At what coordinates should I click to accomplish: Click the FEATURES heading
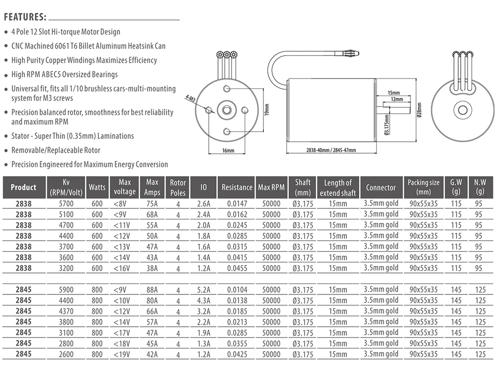pyautogui.click(x=25, y=17)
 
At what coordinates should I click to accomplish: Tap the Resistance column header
pyautogui.click(x=237, y=187)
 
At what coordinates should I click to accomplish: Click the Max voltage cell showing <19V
pyautogui.click(x=124, y=355)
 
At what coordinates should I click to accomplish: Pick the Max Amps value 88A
pyautogui.click(x=152, y=290)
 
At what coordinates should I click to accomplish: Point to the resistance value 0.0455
pyautogui.click(x=237, y=268)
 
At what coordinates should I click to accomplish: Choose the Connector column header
pyautogui.click(x=381, y=187)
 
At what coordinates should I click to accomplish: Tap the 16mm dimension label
pyautogui.click(x=227, y=150)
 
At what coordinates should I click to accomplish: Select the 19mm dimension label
pyautogui.click(x=266, y=108)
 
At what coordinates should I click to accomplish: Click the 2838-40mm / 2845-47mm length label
pyautogui.click(x=331, y=150)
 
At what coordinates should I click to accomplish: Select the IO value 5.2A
pyautogui.click(x=203, y=290)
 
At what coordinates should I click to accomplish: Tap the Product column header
pyautogui.click(x=23, y=187)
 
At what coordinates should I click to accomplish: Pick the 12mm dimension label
pyautogui.click(x=397, y=99)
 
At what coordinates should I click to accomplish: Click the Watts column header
pyautogui.click(x=97, y=187)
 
